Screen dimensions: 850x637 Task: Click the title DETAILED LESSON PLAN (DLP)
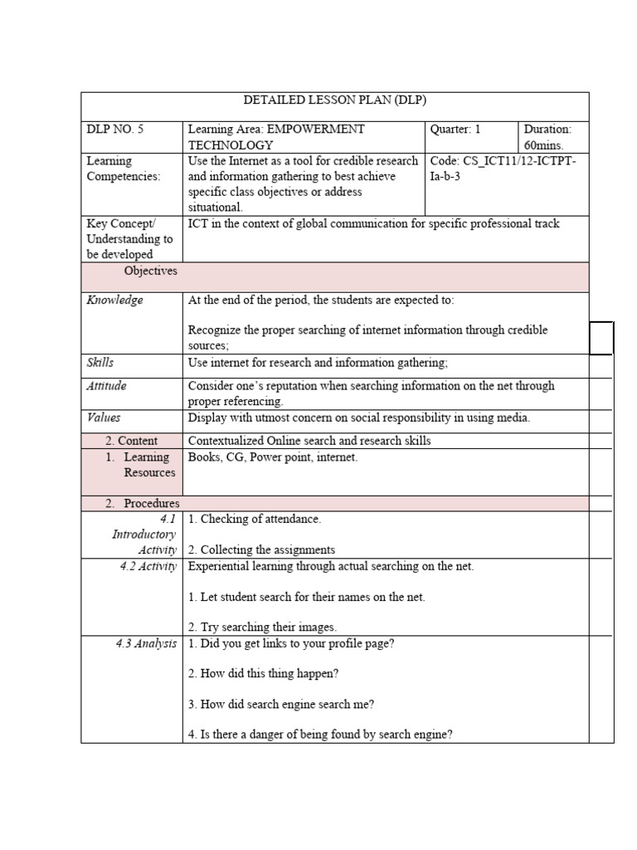click(334, 100)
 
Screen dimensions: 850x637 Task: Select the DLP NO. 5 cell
click(115, 129)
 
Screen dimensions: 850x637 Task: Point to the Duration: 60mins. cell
click(547, 137)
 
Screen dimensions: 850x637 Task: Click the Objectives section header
click(150, 271)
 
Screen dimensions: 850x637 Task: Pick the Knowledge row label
click(115, 300)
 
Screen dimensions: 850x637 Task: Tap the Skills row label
click(100, 362)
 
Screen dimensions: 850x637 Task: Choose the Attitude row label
click(107, 386)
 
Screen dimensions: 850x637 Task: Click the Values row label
click(104, 418)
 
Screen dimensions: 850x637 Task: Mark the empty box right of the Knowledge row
click(601, 338)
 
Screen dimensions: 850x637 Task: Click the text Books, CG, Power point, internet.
click(273, 457)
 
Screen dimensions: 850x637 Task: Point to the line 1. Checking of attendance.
click(255, 519)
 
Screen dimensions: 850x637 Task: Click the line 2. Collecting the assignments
click(261, 550)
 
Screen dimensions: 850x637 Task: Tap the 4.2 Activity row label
click(148, 566)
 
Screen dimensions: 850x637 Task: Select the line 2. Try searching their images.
click(262, 628)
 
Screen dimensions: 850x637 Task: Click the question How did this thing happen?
click(264, 673)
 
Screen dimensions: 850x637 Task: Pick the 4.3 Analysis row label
click(146, 643)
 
